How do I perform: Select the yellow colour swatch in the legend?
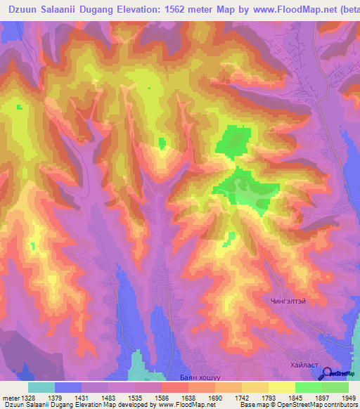(282, 387)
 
